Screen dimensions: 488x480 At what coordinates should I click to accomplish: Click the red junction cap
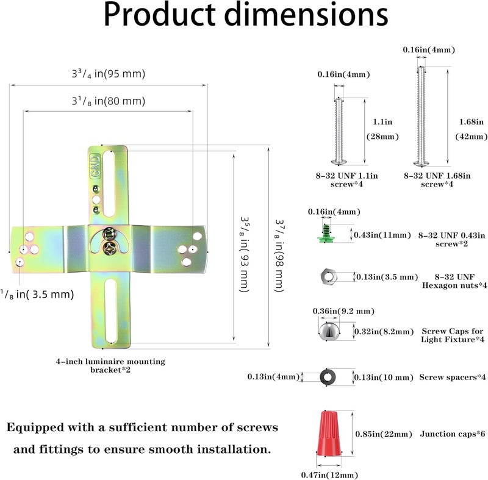(x=329, y=434)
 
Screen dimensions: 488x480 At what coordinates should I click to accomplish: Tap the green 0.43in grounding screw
(x=326, y=234)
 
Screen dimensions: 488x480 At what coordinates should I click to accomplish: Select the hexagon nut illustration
(x=328, y=276)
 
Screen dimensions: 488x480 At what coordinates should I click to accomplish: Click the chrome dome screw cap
(x=329, y=332)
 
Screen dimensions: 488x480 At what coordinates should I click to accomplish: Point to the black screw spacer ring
(x=328, y=377)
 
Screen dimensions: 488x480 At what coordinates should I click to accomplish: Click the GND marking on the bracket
(x=96, y=165)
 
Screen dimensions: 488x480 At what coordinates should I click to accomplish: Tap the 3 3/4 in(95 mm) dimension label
(x=109, y=74)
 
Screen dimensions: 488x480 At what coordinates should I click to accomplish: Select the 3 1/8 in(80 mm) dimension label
(x=109, y=101)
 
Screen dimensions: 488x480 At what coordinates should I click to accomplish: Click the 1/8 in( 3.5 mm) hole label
(x=37, y=295)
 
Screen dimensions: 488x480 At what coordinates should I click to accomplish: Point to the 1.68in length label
(x=471, y=121)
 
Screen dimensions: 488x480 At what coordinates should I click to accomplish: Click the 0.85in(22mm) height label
(x=384, y=434)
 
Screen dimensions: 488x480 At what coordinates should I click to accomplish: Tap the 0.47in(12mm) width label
(x=329, y=475)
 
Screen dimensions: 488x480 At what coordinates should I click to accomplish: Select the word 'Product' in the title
(x=159, y=15)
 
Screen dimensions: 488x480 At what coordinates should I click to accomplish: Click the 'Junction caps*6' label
(x=453, y=434)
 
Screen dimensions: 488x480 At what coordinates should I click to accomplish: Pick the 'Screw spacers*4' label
(x=453, y=377)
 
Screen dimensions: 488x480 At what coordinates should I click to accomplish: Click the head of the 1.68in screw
(x=421, y=163)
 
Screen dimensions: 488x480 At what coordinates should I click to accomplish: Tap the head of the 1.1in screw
(x=339, y=162)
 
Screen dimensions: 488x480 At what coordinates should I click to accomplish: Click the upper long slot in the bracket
(x=109, y=184)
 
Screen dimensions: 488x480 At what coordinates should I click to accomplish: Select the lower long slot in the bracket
(x=111, y=311)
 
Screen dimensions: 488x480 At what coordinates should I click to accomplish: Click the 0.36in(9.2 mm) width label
(x=343, y=311)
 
